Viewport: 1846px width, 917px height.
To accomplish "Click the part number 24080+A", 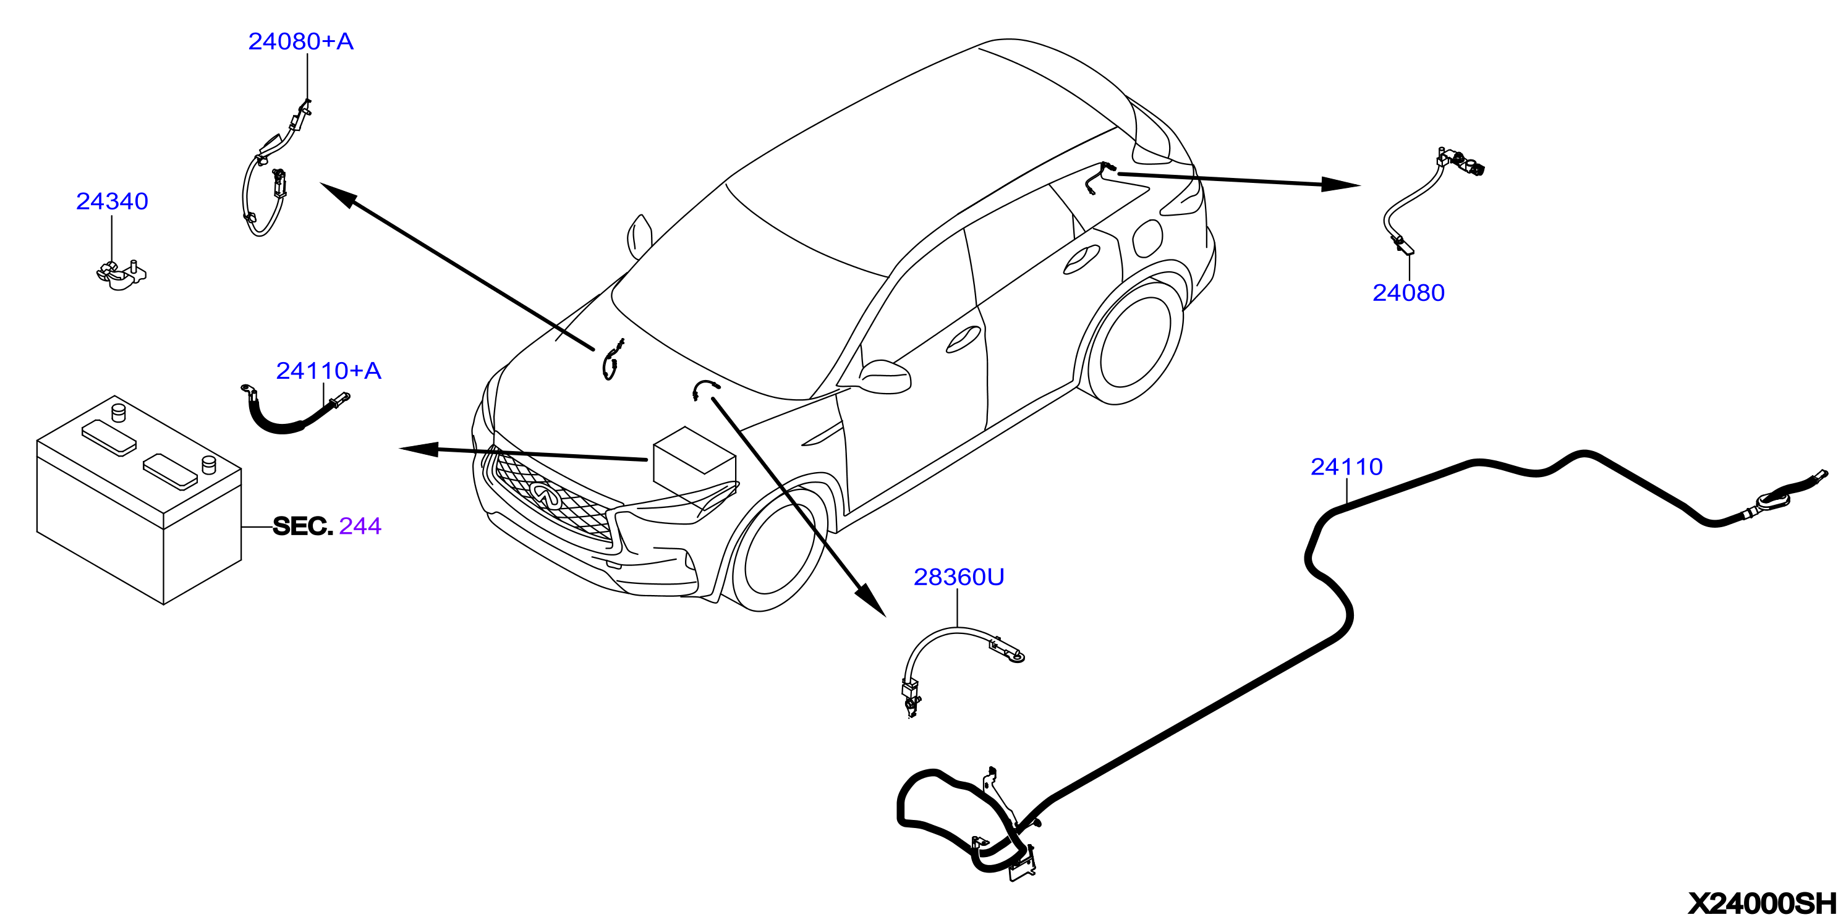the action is [x=301, y=41].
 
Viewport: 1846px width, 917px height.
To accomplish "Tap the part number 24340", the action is [x=112, y=201].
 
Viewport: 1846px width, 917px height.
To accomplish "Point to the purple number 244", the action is [x=360, y=526].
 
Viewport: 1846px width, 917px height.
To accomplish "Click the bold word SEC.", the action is [x=303, y=526].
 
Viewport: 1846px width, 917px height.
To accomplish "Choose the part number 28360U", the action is [x=959, y=577].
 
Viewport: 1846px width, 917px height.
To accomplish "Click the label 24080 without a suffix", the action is [x=1408, y=292].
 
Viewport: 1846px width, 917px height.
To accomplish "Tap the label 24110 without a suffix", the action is [x=1346, y=467].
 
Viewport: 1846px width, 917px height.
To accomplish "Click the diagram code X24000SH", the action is [x=1764, y=903].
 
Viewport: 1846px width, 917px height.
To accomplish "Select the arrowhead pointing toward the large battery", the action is [x=419, y=449].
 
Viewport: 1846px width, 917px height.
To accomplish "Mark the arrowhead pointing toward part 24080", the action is [x=1341, y=184].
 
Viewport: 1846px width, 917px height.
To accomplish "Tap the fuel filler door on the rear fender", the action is [x=1147, y=238].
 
